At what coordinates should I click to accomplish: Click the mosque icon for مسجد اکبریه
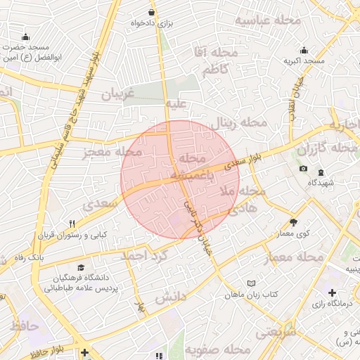coord(304,51)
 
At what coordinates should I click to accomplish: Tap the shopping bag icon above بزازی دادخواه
coord(151,13)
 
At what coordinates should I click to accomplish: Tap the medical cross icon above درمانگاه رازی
coord(332,292)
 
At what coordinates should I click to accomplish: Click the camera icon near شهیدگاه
coord(303,169)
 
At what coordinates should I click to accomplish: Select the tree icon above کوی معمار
coord(293,221)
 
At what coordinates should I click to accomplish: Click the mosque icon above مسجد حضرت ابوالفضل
coord(26,37)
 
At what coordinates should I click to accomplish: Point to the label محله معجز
coord(112,152)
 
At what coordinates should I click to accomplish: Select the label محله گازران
coord(328,149)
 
